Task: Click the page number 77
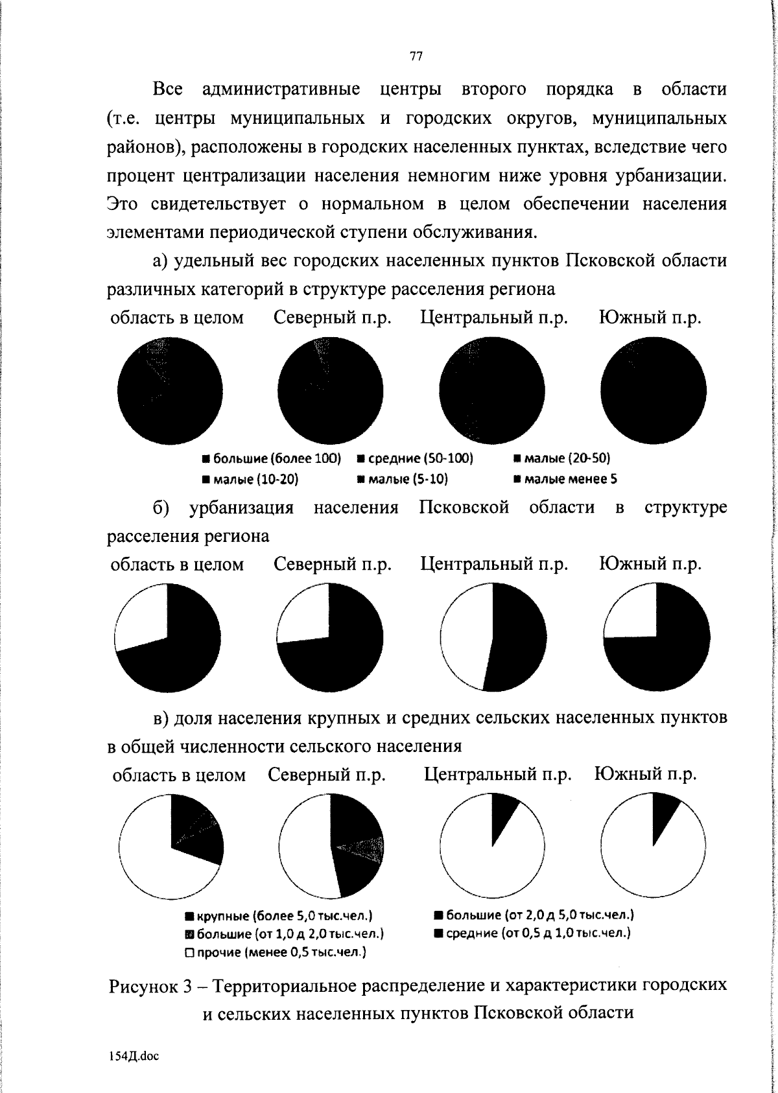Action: (416, 56)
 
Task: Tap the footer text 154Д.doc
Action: (133, 1056)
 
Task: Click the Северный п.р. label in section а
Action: (333, 318)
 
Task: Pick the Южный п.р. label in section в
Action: (645, 775)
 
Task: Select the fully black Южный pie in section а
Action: (654, 392)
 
